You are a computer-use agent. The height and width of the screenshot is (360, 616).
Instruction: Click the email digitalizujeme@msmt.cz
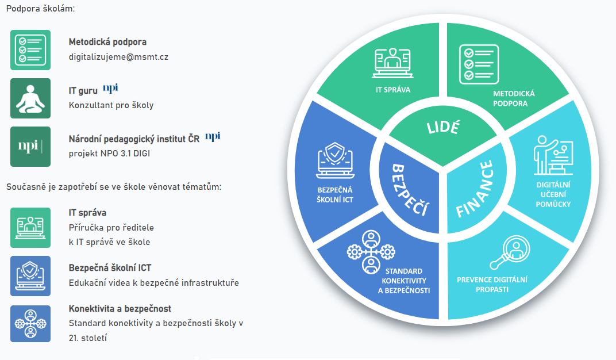[118, 57]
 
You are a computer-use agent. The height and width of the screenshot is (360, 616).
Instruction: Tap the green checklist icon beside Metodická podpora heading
[30, 50]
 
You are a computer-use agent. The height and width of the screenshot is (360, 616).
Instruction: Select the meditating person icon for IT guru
[30, 98]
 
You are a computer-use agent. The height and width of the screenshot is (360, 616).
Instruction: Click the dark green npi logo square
[30, 147]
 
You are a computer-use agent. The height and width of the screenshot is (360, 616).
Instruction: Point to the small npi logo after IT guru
[110, 88]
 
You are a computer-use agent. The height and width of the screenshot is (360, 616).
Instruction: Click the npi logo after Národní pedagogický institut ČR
[213, 136]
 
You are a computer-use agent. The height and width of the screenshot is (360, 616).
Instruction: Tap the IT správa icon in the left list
[30, 228]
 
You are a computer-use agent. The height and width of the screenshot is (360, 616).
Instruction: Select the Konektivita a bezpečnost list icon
[30, 324]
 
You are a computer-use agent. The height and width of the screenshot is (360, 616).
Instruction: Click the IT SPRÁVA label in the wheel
[393, 90]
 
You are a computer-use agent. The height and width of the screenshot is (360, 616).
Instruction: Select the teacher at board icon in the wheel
[552, 155]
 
